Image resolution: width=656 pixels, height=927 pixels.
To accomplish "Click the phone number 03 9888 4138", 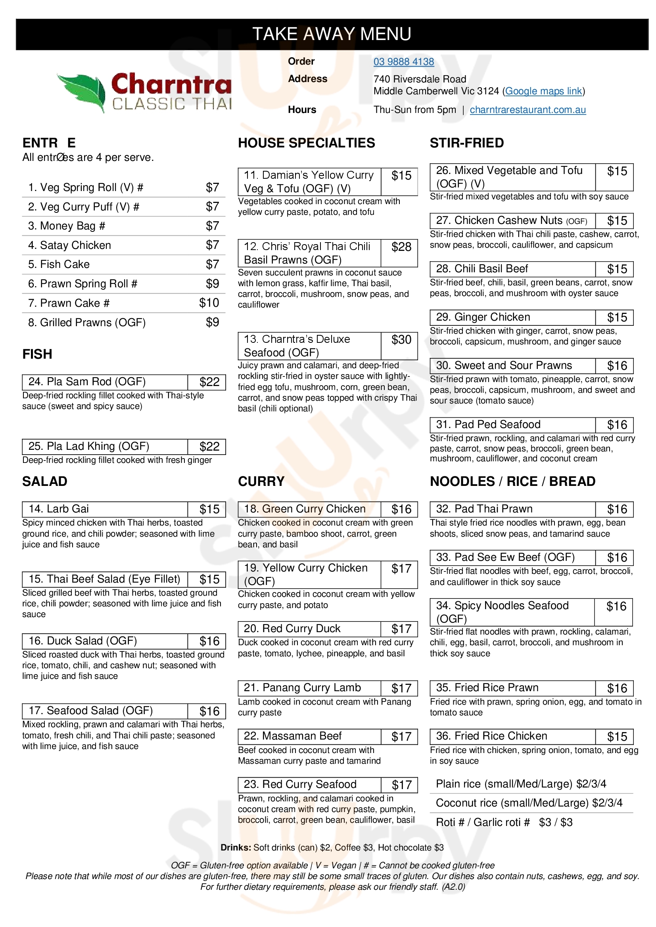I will pos(403,62).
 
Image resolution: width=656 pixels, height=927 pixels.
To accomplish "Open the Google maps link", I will pos(543,91).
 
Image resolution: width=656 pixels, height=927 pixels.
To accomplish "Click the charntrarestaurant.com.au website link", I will pos(527,110).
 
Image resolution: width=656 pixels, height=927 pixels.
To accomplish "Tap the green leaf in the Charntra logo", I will pos(83,91).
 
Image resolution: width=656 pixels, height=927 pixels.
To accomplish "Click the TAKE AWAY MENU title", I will pos(332,34).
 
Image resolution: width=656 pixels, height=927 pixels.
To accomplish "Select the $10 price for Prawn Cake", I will pos(209,303).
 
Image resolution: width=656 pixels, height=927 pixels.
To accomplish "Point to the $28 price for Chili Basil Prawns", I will pos(401,247).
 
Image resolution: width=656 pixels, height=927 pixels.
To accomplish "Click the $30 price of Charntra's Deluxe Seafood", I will pos(401,340).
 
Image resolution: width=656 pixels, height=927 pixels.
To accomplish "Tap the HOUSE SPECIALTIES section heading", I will pos(306,143).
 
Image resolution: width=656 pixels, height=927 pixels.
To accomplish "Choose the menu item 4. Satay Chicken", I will pos(69,245).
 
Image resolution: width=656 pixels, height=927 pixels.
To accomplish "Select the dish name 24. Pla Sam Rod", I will pos(87,382).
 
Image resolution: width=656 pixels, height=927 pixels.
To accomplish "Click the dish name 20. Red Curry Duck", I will pos(292,629).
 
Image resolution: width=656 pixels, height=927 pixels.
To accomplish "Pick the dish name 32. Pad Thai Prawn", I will pos(484,509).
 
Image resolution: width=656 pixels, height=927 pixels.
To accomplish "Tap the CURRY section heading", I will pos(261,481).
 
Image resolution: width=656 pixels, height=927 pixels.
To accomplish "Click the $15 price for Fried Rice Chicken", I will pos(617,737).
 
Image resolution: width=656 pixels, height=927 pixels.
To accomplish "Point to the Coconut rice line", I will pos(529,803).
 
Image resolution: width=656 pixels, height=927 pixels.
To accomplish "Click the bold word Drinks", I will pos(236,847).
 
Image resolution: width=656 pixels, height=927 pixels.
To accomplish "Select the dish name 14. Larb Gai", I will pos(59,509).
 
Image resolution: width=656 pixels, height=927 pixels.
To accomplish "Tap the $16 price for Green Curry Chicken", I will pos(401,510).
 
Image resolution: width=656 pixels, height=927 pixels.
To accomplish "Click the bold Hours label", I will pos(302,110).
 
